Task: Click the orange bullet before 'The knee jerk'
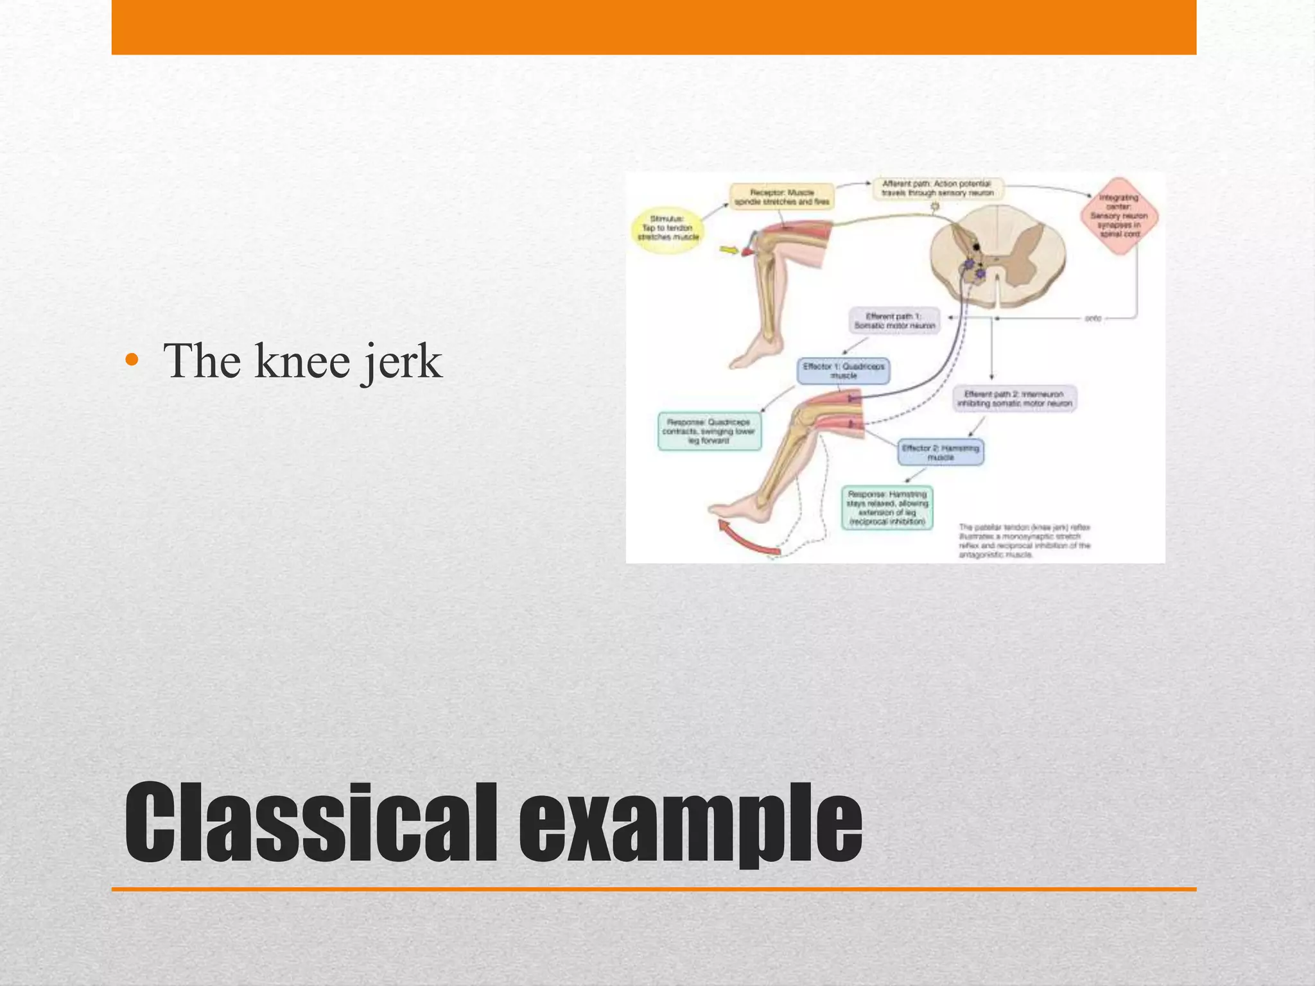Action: click(132, 360)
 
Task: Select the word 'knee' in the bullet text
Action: click(302, 361)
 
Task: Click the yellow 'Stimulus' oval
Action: click(668, 229)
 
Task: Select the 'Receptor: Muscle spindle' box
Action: click(781, 196)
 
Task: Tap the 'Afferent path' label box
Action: click(937, 188)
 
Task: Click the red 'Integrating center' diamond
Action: click(1119, 216)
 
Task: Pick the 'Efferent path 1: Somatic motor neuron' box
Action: click(894, 321)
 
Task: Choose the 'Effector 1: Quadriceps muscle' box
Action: click(843, 371)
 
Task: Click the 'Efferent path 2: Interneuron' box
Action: click(1014, 399)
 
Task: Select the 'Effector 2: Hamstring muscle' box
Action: click(940, 453)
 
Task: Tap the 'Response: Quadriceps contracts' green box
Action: click(709, 431)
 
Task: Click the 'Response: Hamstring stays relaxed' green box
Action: click(887, 508)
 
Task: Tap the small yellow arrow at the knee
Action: click(729, 250)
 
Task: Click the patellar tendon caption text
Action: click(1024, 541)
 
